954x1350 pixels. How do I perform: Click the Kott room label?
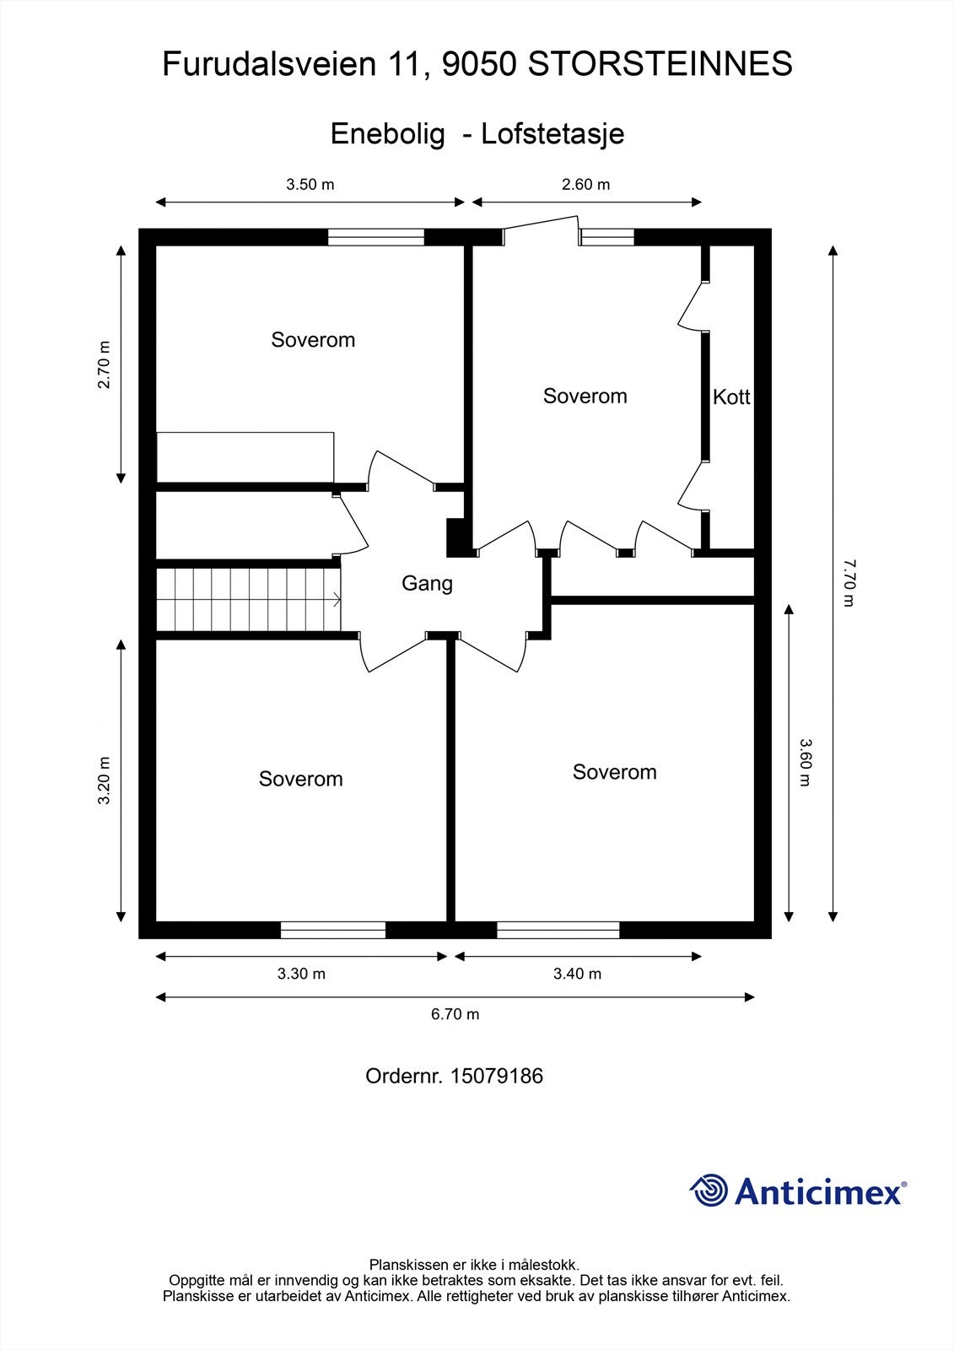(730, 397)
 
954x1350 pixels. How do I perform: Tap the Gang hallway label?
(427, 583)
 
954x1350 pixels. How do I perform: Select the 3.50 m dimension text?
(310, 185)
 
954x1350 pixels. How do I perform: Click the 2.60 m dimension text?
(585, 185)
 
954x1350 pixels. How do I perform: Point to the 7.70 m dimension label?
(848, 582)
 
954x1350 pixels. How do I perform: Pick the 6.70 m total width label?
(455, 1014)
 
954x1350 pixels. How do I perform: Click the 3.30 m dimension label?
(301, 974)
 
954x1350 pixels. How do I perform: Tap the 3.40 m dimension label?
(577, 974)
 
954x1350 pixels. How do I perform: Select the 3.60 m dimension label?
(805, 762)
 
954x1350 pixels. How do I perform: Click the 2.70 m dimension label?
(104, 364)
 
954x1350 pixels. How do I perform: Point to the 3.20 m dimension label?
(104, 780)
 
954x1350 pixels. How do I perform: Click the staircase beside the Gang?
(249, 599)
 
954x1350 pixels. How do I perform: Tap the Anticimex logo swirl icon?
(709, 1191)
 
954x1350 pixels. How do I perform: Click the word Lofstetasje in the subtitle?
(552, 134)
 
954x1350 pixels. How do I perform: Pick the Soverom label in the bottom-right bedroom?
(614, 772)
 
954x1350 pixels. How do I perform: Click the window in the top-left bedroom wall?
(375, 237)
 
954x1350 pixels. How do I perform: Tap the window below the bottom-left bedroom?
(332, 930)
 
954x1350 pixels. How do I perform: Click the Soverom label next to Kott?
(585, 397)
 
